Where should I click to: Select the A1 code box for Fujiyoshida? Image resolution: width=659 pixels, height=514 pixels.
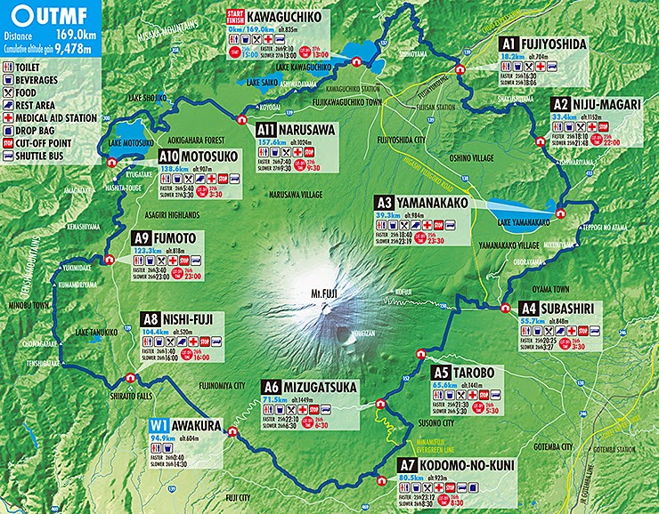[508, 43]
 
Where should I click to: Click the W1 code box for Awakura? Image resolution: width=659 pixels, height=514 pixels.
[159, 425]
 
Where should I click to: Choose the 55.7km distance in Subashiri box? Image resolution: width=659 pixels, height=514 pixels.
[533, 320]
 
